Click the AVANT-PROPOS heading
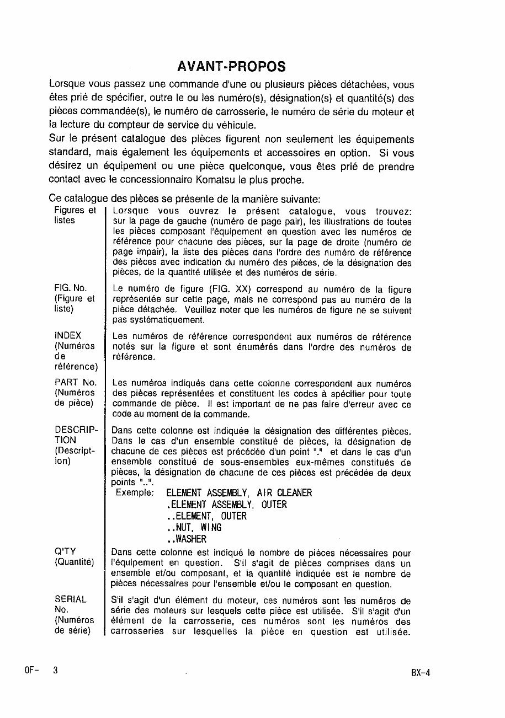click(x=232, y=66)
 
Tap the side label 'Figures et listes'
click(x=75, y=215)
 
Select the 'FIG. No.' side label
click(x=71, y=288)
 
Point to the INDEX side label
click(x=68, y=335)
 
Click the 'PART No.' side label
click(x=76, y=382)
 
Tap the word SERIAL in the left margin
click(x=71, y=599)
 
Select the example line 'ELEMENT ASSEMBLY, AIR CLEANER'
click(x=238, y=493)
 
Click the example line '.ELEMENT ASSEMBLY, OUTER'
click(x=226, y=505)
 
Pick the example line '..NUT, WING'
click(x=194, y=528)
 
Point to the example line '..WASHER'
click(x=187, y=539)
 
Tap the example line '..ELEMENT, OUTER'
click(x=206, y=516)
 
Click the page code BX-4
click(x=420, y=673)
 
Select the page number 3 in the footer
click(x=55, y=670)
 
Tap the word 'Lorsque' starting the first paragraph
click(x=67, y=85)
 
